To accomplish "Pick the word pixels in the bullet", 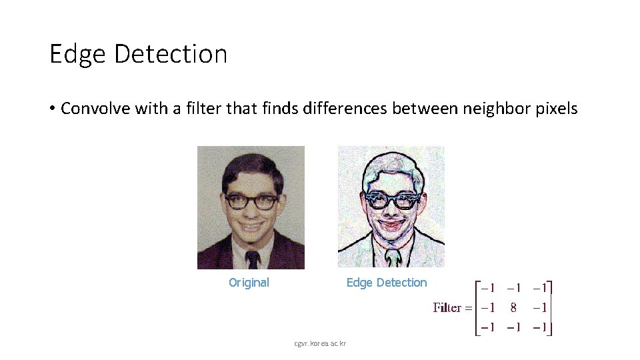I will click(556, 109).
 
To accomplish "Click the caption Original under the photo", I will click(249, 283).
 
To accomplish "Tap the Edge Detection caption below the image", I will click(386, 283).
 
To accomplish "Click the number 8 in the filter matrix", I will click(513, 307).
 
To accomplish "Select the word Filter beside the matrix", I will click(448, 307).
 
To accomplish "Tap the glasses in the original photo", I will click(251, 201).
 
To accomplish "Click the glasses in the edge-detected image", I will click(391, 199).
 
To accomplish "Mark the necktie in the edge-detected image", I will click(392, 257).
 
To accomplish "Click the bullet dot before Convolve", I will click(52, 109).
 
